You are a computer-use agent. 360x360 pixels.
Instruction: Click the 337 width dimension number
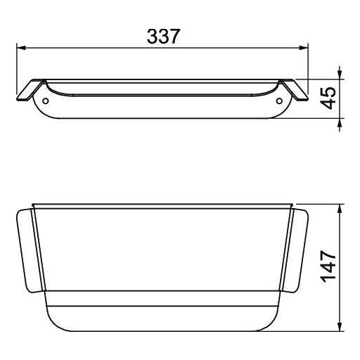pyautogui.click(x=163, y=37)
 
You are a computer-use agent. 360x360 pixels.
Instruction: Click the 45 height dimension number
pyautogui.click(x=328, y=98)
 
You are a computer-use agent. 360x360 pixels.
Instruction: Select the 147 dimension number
pyautogui.click(x=328, y=266)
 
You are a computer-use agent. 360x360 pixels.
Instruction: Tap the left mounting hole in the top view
pyautogui.click(x=46, y=101)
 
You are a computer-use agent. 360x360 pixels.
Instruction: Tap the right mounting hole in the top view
pyautogui.click(x=279, y=101)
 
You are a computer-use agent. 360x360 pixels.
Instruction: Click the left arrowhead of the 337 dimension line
pyautogui.click(x=21, y=48)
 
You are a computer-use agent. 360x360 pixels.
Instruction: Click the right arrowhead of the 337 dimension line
pyautogui.click(x=304, y=48)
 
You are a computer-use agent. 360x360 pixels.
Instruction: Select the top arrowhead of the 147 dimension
pyautogui.click(x=340, y=209)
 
